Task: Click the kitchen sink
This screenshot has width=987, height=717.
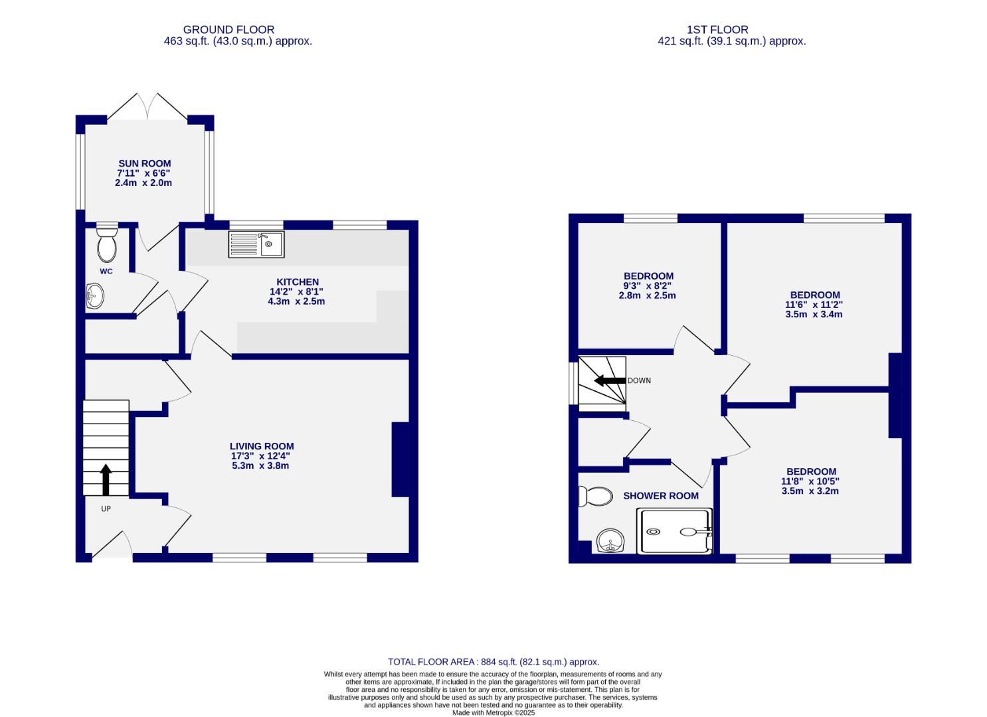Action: pos(256,244)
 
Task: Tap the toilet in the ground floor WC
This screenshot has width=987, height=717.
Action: pos(106,244)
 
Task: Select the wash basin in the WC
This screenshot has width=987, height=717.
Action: pos(94,296)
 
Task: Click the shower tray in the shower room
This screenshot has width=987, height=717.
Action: pos(674,532)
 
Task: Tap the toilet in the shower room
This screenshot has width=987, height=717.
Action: pos(595,496)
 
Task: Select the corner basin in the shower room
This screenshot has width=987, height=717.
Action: pos(609,541)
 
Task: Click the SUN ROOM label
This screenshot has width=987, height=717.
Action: pos(144,163)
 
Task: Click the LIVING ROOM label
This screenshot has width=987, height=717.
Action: pos(262,446)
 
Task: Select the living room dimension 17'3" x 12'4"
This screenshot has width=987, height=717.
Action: pos(260,456)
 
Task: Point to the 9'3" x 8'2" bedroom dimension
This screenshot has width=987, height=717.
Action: pos(648,286)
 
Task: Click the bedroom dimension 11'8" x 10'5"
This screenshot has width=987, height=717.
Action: pos(809,481)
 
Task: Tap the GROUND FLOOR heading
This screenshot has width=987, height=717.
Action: pos(228,30)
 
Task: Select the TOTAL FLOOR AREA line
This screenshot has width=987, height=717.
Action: pos(493,662)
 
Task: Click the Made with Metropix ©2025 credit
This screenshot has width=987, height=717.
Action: pos(493,712)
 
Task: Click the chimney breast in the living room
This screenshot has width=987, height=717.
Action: pos(400,459)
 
